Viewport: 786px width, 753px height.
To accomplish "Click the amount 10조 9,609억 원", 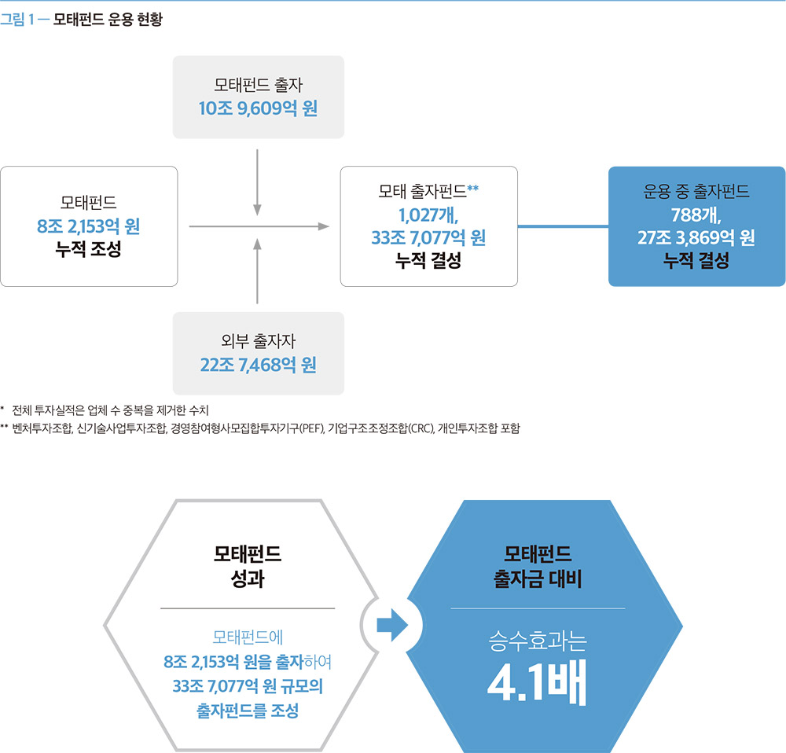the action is [x=258, y=108].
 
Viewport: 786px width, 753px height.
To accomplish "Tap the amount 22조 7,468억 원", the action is [x=258, y=365].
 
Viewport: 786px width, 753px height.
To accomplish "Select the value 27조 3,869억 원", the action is [x=696, y=237].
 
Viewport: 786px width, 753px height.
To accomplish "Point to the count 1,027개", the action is [x=428, y=215].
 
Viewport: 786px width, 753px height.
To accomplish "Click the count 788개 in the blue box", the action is [x=696, y=215].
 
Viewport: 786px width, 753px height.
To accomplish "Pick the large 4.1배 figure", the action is [x=537, y=683].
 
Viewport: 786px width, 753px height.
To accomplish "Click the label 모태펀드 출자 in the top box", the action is [x=258, y=85].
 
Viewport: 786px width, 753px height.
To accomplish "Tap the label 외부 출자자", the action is [x=258, y=341].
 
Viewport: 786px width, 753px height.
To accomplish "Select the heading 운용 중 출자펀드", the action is [x=696, y=191].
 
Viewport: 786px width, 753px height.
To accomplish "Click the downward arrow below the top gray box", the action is [x=257, y=182].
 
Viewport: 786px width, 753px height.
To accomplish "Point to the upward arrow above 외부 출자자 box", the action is [x=257, y=271].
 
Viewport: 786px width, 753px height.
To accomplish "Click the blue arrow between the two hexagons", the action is [x=392, y=625].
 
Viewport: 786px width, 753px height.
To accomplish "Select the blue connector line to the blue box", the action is [x=563, y=226].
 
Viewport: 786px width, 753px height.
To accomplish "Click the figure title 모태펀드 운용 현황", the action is [x=108, y=20].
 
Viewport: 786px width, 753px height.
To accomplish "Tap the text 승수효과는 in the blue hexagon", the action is [x=538, y=641].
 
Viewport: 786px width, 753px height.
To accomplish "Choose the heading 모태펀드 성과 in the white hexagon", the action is [x=248, y=566].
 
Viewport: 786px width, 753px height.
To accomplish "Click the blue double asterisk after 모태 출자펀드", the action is [x=472, y=188].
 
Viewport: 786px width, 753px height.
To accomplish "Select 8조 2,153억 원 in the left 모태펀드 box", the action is [x=88, y=226].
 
